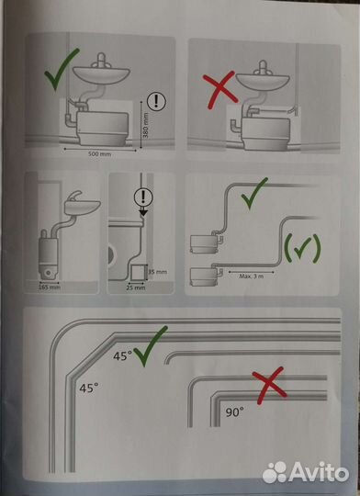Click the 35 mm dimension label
tap(162, 271)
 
